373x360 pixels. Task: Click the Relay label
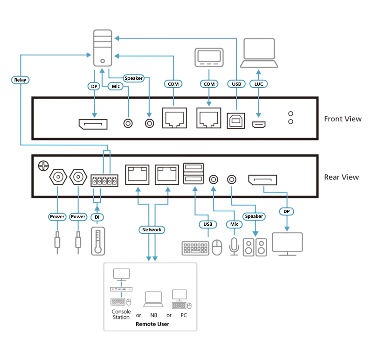(20, 80)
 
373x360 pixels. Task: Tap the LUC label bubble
(259, 84)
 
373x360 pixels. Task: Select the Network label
(152, 229)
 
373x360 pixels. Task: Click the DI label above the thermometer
(97, 217)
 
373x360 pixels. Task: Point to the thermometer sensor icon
(98, 241)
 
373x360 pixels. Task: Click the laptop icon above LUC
(259, 53)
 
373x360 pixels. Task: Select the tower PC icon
(103, 48)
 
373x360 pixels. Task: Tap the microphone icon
(234, 247)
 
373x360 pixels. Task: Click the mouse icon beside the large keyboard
(217, 248)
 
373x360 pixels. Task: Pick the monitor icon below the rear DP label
(287, 244)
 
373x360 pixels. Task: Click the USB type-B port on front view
(236, 120)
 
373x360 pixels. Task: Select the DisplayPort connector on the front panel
(93, 124)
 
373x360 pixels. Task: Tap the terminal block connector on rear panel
(104, 180)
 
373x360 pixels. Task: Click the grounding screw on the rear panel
(43, 166)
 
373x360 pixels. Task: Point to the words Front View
(343, 119)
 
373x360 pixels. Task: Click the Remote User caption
(152, 324)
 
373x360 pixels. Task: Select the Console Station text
(121, 314)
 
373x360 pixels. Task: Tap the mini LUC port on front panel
(259, 125)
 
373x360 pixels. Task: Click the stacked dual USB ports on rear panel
(193, 173)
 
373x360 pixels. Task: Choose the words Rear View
(341, 177)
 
